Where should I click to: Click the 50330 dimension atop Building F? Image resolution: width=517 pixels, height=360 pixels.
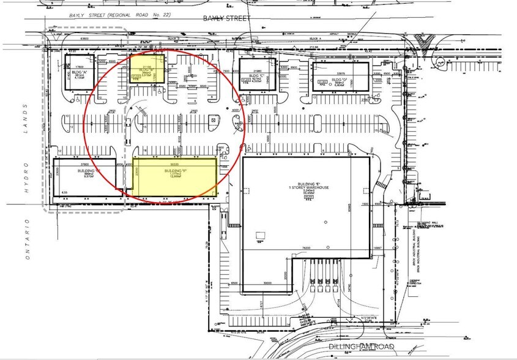[174, 163]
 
